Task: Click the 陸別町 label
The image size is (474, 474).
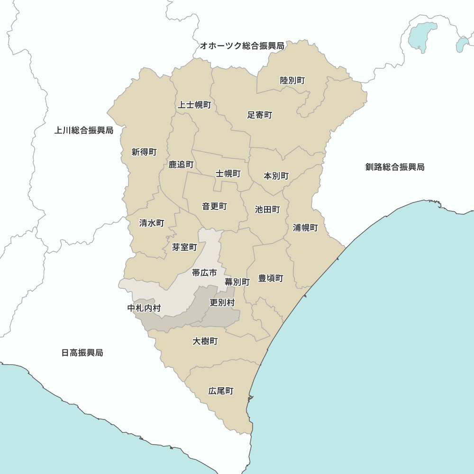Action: click(292, 81)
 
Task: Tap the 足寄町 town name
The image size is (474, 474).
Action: click(260, 115)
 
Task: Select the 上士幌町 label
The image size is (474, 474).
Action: click(194, 105)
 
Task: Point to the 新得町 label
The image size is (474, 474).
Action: click(144, 152)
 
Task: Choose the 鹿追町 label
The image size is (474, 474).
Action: click(181, 164)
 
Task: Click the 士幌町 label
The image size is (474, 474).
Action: click(228, 173)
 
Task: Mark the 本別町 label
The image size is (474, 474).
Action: click(276, 176)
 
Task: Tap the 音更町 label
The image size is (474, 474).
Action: click(214, 206)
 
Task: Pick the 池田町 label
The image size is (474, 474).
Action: click(267, 209)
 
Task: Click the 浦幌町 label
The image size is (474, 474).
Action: click(305, 228)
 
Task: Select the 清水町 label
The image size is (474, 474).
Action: click(152, 222)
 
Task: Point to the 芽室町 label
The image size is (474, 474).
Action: click(184, 247)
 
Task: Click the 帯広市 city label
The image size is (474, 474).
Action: click(204, 273)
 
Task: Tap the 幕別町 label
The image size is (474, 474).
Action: click(237, 282)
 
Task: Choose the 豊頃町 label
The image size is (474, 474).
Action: click(271, 278)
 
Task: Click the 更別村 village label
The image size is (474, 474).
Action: click(222, 302)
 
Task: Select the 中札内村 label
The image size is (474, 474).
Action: click(145, 308)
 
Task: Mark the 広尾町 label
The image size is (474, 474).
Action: click(221, 391)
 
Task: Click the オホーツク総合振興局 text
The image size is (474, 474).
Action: click(242, 46)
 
